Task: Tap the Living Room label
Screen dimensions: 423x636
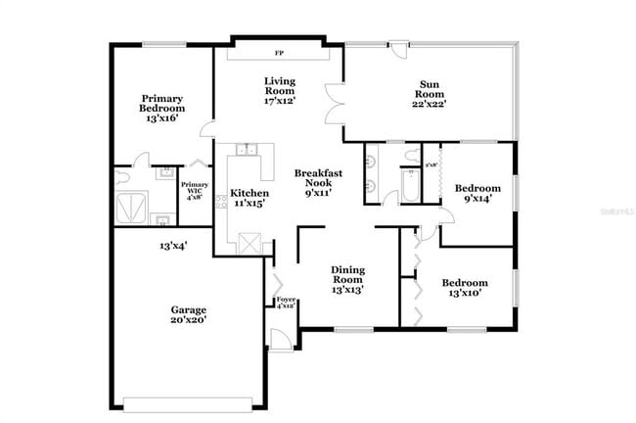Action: pos(279,91)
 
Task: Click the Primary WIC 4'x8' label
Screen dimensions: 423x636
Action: pos(195,190)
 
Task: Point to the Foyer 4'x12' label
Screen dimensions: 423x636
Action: pos(285,303)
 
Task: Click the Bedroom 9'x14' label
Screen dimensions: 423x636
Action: pos(478,194)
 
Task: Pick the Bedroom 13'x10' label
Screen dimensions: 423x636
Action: pos(464,288)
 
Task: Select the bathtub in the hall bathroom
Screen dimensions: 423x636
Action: pos(410,186)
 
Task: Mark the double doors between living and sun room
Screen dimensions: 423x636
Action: pos(335,105)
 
